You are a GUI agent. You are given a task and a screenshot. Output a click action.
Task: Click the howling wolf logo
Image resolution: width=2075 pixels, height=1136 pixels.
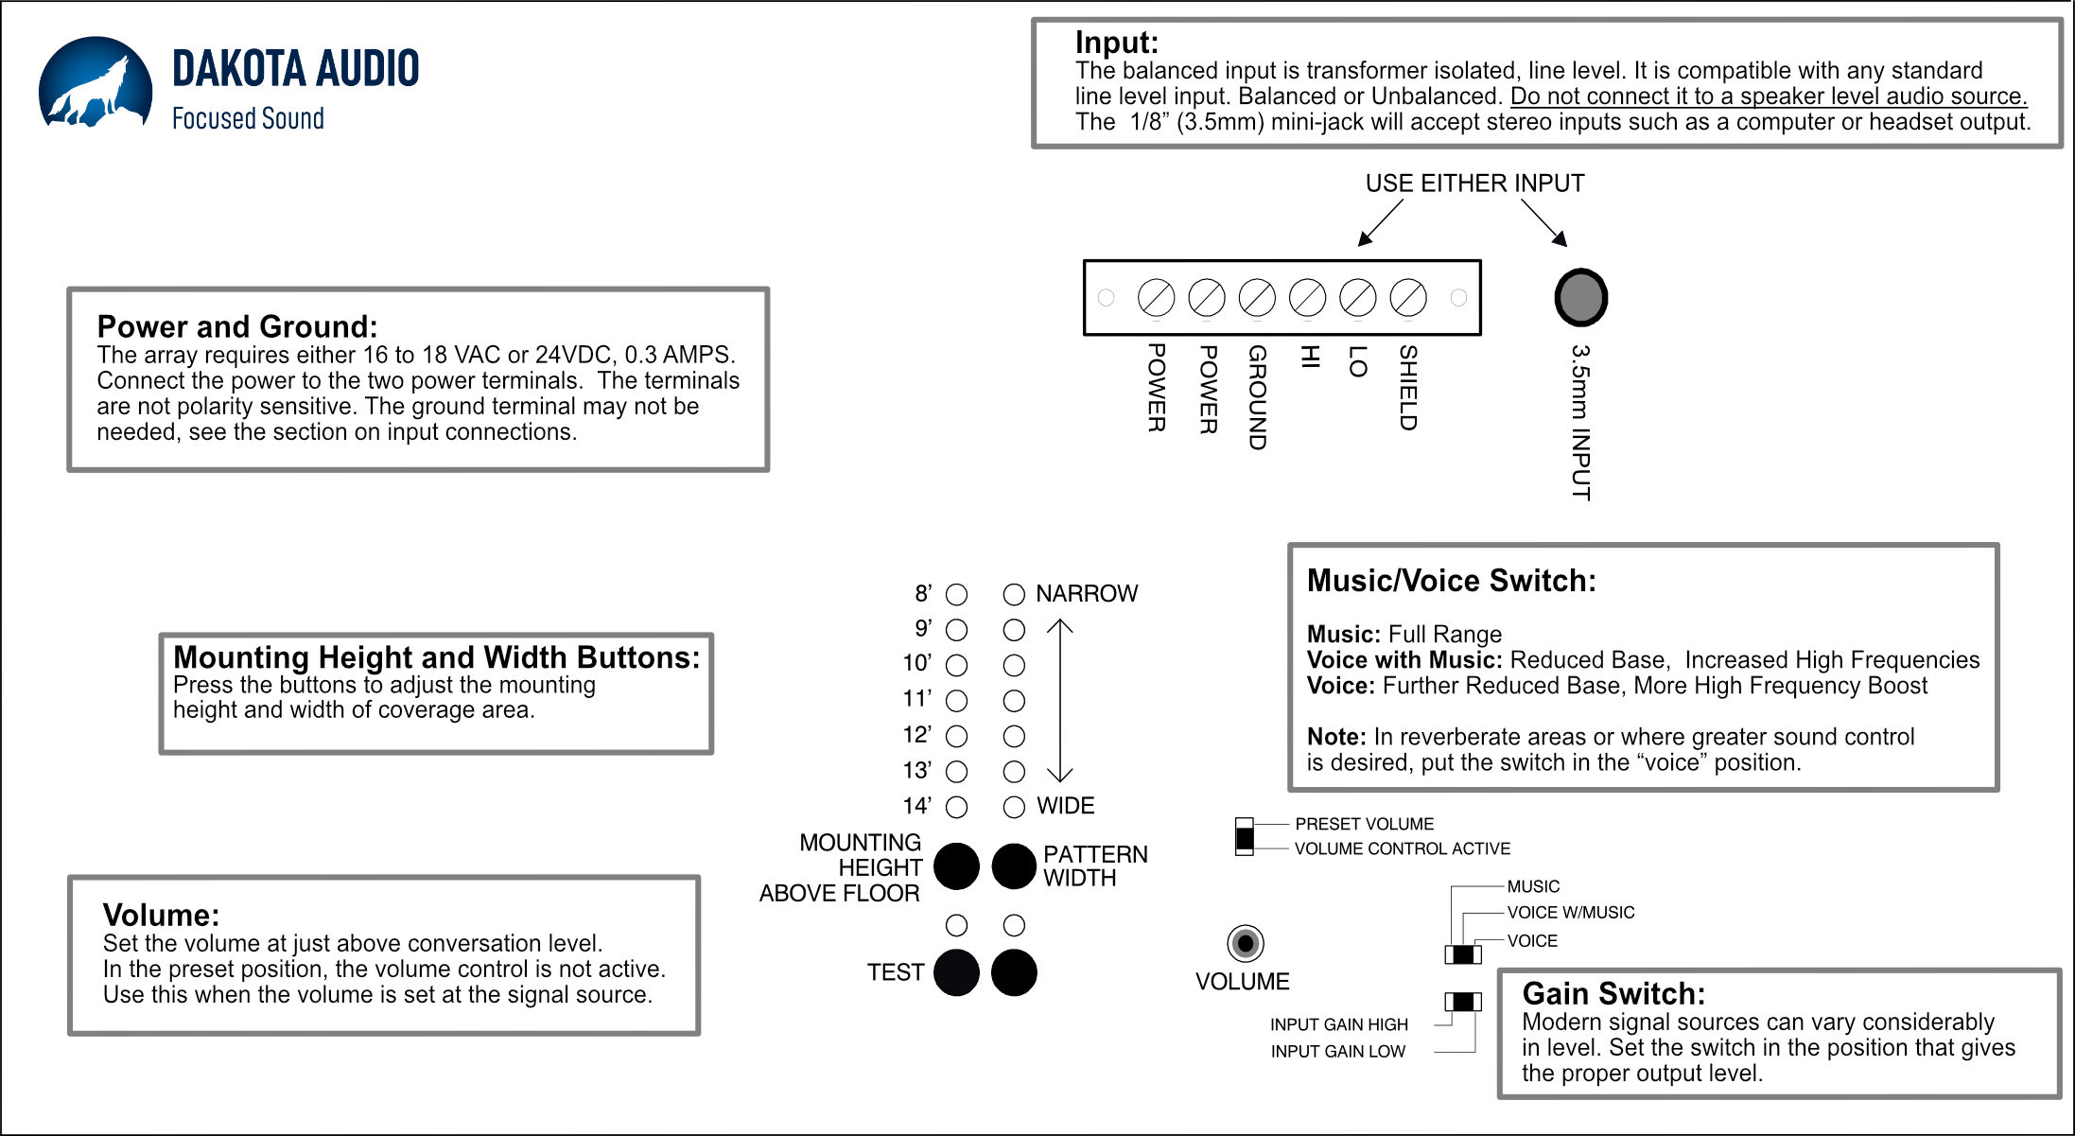pyautogui.click(x=96, y=82)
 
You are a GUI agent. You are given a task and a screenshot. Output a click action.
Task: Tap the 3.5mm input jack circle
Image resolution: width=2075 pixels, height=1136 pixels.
pyautogui.click(x=1580, y=297)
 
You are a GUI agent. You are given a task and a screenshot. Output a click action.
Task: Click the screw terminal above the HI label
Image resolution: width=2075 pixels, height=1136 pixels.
pyautogui.click(x=1307, y=298)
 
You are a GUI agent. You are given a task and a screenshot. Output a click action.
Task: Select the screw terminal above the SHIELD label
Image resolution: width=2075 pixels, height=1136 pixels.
pyautogui.click(x=1408, y=298)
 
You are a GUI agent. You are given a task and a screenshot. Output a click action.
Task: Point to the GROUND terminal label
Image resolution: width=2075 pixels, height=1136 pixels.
pyautogui.click(x=1257, y=397)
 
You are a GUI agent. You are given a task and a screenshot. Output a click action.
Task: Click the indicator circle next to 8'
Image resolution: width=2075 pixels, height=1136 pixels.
pyautogui.click(x=957, y=594)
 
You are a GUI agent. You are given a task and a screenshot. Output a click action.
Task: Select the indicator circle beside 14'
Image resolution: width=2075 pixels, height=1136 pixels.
pyautogui.click(x=957, y=807)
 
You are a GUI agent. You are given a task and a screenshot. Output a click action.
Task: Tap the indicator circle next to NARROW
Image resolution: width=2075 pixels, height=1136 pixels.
pyautogui.click(x=1014, y=594)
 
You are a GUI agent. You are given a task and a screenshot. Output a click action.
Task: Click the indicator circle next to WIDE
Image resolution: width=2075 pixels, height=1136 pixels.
pyautogui.click(x=1014, y=807)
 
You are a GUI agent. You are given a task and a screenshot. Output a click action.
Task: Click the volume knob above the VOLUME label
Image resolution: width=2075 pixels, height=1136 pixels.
pyautogui.click(x=1245, y=943)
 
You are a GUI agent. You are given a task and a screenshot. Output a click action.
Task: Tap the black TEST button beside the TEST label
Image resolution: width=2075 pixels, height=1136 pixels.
pyautogui.click(x=956, y=972)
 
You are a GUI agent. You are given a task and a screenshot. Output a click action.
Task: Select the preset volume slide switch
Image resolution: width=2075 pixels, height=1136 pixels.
pyautogui.click(x=1245, y=837)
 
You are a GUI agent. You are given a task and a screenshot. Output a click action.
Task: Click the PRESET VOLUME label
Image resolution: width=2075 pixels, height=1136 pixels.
pyautogui.click(x=1364, y=824)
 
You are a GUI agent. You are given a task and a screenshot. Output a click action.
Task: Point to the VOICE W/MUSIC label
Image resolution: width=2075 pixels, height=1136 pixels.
pyautogui.click(x=1570, y=913)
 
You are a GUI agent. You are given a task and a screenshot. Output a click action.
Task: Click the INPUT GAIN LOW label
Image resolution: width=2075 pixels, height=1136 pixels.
pyautogui.click(x=1337, y=1052)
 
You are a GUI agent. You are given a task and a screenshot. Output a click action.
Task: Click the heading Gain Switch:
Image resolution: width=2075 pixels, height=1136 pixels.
pyautogui.click(x=1613, y=994)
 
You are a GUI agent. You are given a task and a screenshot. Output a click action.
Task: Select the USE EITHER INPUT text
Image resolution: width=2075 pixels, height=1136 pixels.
pyautogui.click(x=1474, y=184)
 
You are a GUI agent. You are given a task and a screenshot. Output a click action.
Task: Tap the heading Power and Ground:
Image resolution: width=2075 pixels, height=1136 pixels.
pyautogui.click(x=237, y=327)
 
